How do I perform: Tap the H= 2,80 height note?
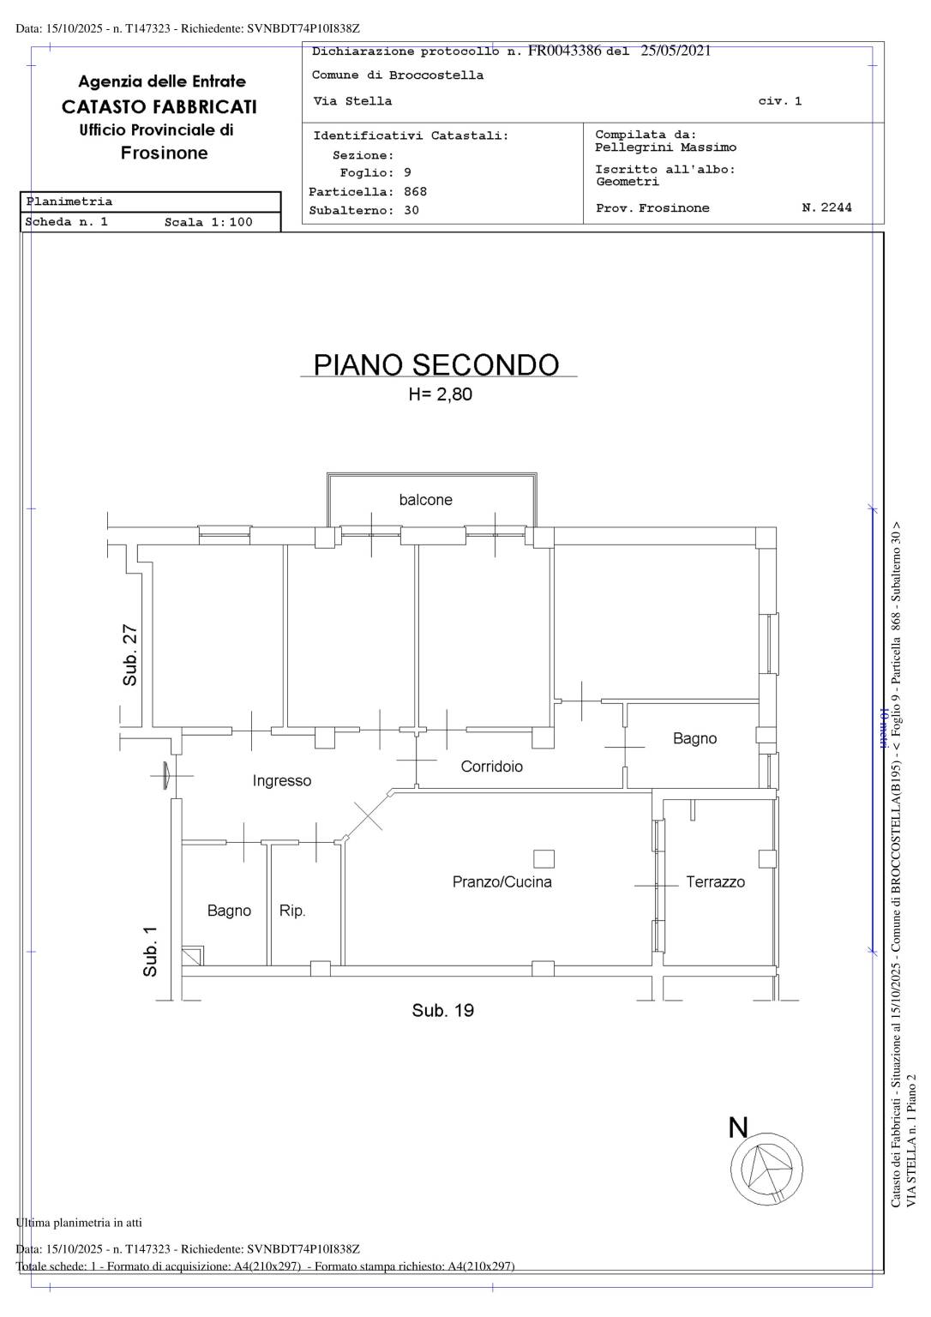pyautogui.click(x=441, y=394)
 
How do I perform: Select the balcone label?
pyautogui.click(x=425, y=500)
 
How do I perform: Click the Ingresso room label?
pyautogui.click(x=281, y=781)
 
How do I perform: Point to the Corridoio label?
pyautogui.click(x=491, y=766)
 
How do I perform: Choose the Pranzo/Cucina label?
pyautogui.click(x=502, y=882)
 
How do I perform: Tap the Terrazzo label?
pyautogui.click(x=715, y=882)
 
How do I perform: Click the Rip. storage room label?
pyautogui.click(x=292, y=911)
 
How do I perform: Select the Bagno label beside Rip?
pyautogui.click(x=229, y=911)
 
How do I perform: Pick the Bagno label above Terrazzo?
pyautogui.click(x=694, y=738)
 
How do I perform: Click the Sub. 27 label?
pyautogui.click(x=130, y=654)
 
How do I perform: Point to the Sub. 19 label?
pyautogui.click(x=442, y=1010)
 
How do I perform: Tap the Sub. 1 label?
pyautogui.click(x=150, y=951)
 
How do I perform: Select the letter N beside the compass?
pyautogui.click(x=738, y=1128)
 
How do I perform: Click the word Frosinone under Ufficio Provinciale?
pyautogui.click(x=164, y=153)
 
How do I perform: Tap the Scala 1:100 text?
pyautogui.click(x=208, y=222)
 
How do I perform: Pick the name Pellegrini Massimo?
pyautogui.click(x=665, y=147)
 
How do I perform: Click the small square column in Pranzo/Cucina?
pyautogui.click(x=544, y=858)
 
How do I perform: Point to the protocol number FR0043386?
pyautogui.click(x=564, y=51)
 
